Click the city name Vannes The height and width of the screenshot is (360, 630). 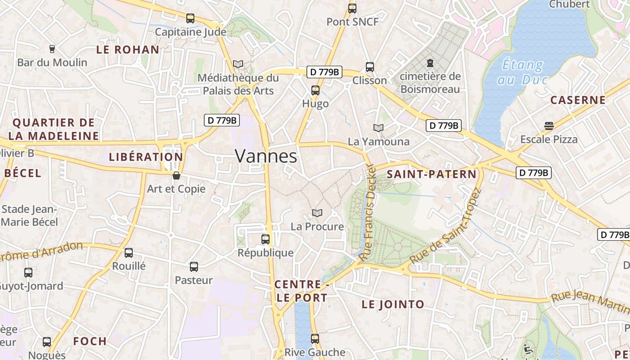click(266, 156)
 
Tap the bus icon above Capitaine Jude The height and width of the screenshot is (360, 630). click(190, 18)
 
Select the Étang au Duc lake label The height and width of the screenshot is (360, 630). click(522, 72)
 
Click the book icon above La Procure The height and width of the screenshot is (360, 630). click(317, 213)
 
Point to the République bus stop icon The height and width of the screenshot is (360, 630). click(265, 239)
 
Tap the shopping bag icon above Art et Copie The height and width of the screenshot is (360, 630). click(176, 175)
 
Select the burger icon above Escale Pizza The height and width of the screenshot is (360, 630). click(549, 126)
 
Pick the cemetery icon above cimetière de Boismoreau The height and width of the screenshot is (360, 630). click(430, 63)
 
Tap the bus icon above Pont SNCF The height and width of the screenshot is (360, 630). click(352, 9)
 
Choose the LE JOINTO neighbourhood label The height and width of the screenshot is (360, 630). click(393, 304)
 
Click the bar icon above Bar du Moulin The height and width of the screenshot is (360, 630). click(52, 49)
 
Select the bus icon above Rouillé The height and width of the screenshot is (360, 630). click(129, 253)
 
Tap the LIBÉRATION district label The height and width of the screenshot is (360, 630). click(146, 157)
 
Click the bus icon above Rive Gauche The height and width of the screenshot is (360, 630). click(315, 339)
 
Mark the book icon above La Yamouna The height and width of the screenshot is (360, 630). click(378, 128)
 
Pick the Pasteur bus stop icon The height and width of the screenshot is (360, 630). click(194, 267)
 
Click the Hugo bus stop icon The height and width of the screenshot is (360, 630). click(315, 90)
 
